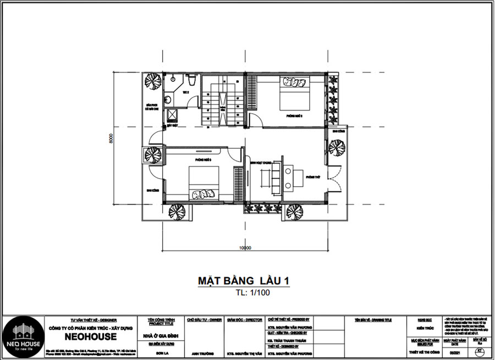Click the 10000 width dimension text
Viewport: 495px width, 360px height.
point(245,248)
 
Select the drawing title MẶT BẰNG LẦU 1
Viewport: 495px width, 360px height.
point(243,281)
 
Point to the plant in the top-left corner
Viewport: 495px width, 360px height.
point(151,80)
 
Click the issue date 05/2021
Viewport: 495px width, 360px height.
point(452,353)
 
